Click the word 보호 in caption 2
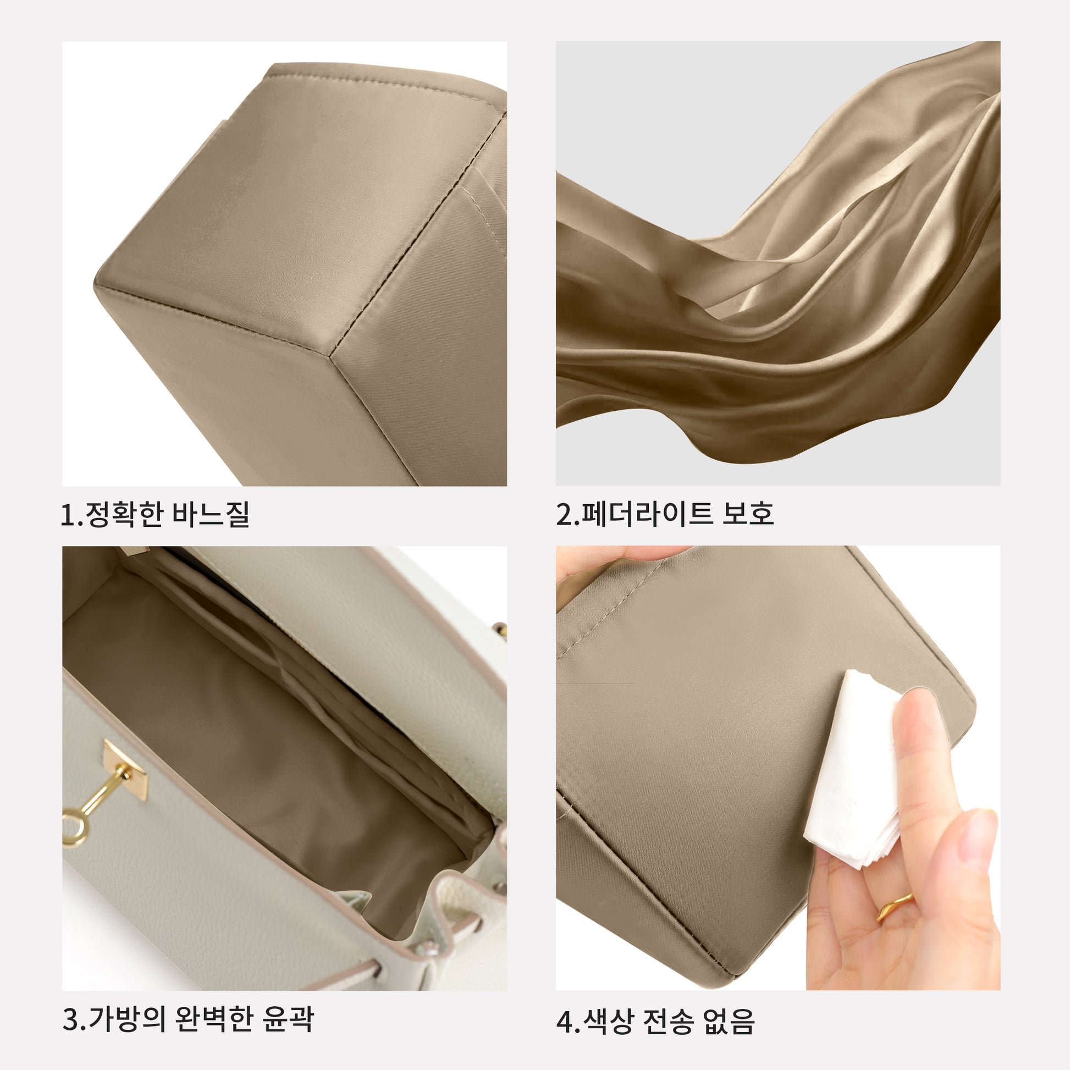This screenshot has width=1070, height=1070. (x=747, y=514)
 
